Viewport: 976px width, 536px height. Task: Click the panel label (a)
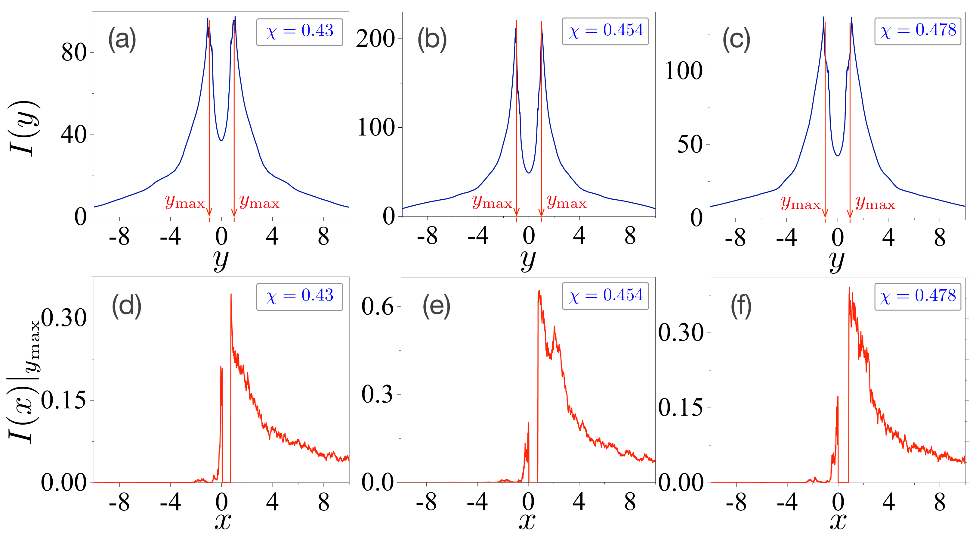pos(122,39)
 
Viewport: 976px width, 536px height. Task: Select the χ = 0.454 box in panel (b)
pos(605,31)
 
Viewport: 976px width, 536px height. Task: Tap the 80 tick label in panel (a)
pos(74,53)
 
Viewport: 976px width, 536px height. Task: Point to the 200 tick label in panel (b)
pos(375,39)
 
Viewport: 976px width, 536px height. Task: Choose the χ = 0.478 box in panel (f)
pos(917,297)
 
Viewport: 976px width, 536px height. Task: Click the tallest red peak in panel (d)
pos(231,295)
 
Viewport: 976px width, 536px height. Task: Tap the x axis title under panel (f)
pos(838,522)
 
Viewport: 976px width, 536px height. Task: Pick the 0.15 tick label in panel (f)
pos(680,408)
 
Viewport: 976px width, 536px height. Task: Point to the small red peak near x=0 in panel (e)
pos(528,424)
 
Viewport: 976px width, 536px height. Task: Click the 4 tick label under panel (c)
pos(888,238)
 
